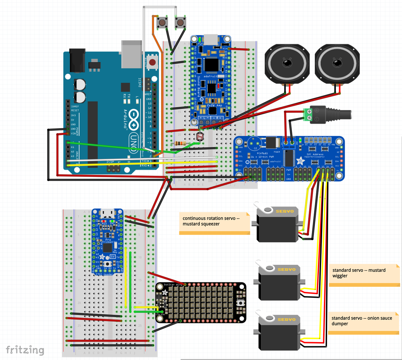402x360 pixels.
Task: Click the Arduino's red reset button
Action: point(153,63)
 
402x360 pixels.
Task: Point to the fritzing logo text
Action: point(25,350)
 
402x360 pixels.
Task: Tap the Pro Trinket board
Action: point(108,241)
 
